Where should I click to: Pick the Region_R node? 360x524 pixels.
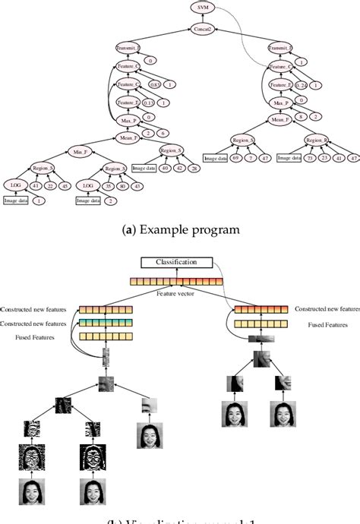coord(317,140)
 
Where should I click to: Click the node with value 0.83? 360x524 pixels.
coord(155,85)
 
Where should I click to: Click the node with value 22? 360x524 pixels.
coord(50,185)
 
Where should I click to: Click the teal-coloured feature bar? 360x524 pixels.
coord(106,322)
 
